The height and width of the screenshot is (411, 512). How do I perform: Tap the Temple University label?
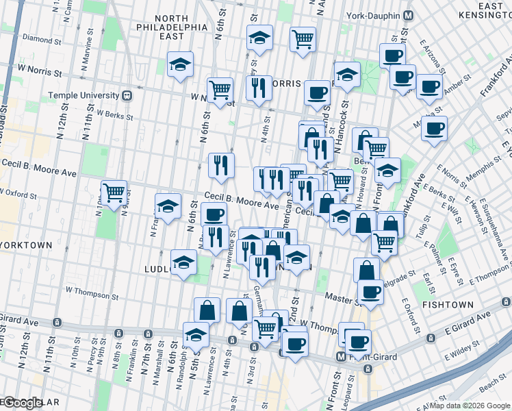(82, 96)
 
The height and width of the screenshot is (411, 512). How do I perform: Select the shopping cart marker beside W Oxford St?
(114, 194)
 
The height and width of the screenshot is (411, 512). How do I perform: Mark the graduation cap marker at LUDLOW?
(183, 263)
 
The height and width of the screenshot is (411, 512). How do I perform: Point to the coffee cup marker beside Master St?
(370, 292)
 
